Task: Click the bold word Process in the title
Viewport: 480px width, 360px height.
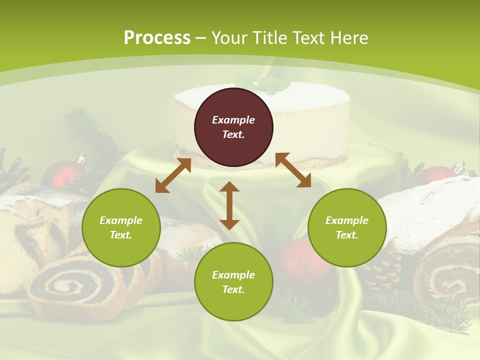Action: tap(157, 38)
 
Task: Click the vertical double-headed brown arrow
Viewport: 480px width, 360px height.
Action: tap(229, 205)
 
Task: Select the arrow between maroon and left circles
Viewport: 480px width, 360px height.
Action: tap(173, 175)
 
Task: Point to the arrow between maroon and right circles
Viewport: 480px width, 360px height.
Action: tap(293, 170)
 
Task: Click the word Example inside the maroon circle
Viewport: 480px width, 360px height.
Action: tap(233, 120)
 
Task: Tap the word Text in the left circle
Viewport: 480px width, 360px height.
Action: tap(121, 235)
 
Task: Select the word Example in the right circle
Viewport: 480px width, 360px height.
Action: tap(347, 220)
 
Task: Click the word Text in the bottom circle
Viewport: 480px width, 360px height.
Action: tap(233, 289)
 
